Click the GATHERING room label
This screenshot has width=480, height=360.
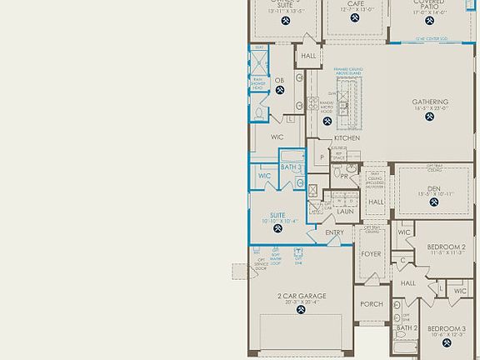tap(430, 102)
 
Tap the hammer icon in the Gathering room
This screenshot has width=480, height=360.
tap(430, 117)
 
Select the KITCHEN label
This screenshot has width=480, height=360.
tap(347, 138)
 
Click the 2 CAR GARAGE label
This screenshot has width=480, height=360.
tap(302, 296)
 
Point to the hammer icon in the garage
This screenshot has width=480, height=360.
tap(302, 310)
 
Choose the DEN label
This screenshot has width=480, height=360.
tap(434, 188)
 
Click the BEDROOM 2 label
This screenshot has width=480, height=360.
tap(446, 247)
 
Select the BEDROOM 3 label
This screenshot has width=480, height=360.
tap(446, 329)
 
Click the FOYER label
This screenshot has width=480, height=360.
tap(371, 254)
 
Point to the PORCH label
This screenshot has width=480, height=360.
tap(371, 304)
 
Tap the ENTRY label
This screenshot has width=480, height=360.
tap(334, 232)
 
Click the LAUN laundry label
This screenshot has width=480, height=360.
tap(344, 212)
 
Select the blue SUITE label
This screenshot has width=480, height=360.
tap(277, 215)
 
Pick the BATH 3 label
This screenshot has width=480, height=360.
tap(291, 167)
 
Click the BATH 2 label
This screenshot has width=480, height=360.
tap(406, 328)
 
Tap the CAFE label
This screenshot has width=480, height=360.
tap(355, 3)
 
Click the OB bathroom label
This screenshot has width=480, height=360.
tap(279, 80)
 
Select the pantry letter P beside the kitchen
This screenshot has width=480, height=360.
tap(321, 156)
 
